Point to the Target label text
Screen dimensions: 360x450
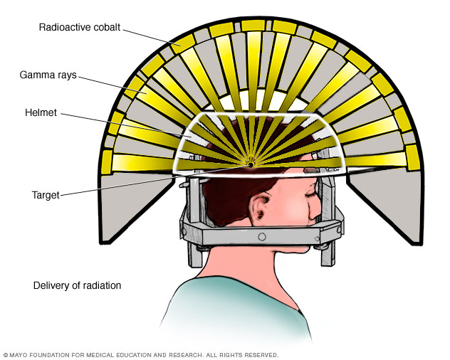click(46, 193)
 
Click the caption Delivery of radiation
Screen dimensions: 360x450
click(77, 285)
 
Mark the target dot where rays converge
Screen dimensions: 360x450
click(250, 164)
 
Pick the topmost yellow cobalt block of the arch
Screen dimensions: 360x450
click(253, 26)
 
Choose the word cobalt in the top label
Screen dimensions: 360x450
click(107, 28)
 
